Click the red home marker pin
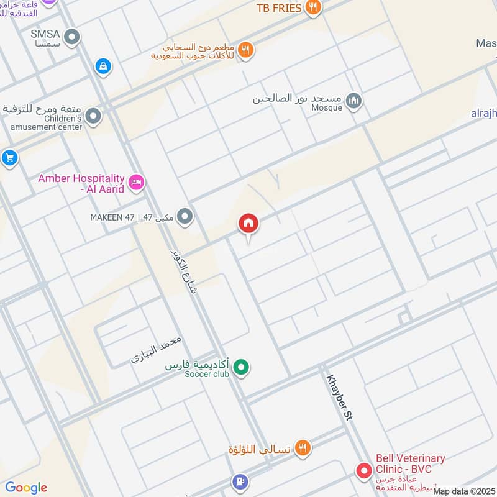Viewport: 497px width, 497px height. tap(248, 224)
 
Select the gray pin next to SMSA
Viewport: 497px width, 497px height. tap(73, 38)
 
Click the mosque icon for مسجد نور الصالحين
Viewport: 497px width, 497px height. tap(353, 99)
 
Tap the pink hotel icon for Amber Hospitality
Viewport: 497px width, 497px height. tap(136, 182)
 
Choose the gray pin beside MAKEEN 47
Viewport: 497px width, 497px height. tap(184, 216)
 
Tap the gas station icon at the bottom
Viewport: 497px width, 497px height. tap(240, 481)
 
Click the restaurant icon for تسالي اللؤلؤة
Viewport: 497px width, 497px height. tap(303, 447)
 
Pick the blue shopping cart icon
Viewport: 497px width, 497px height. tap(9, 158)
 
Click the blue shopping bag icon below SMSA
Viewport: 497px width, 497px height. tap(103, 65)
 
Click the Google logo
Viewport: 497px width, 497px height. tap(26, 487)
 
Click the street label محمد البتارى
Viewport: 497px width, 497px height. tap(157, 350)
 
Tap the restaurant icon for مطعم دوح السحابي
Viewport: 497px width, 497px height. tap(247, 51)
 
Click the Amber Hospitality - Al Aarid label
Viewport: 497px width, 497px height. tap(81, 183)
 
